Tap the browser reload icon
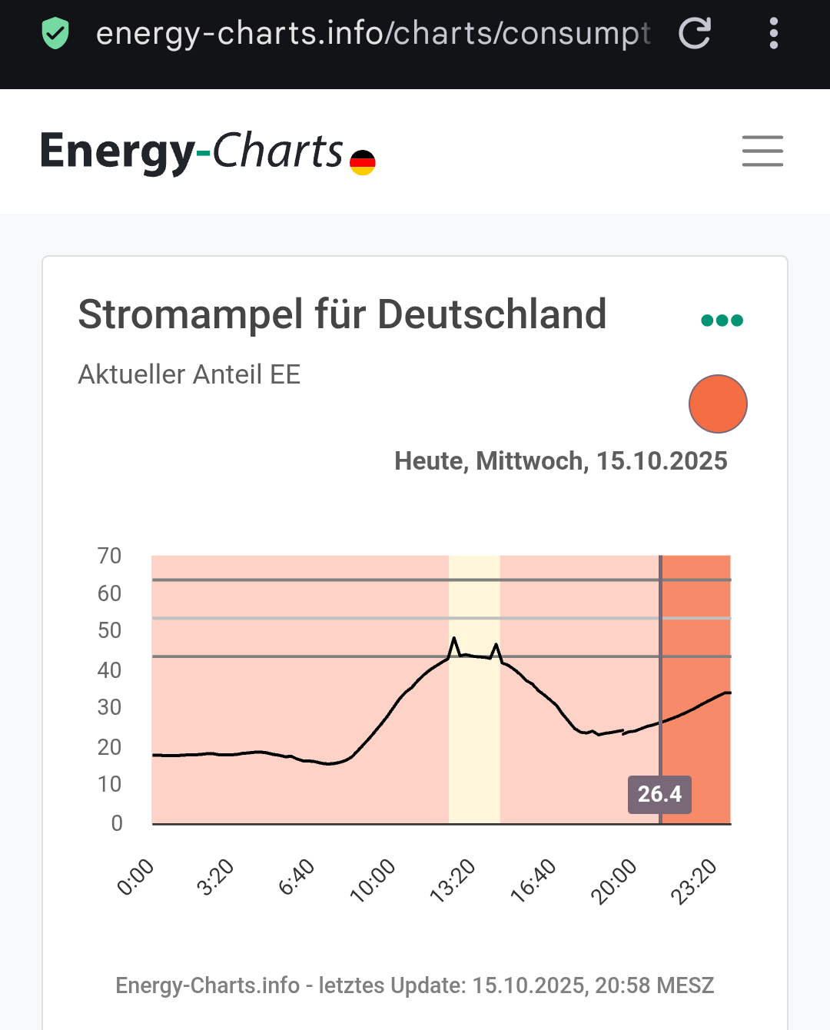tap(695, 33)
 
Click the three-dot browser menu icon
tap(773, 33)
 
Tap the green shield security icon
tap(55, 34)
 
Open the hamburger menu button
tap(762, 151)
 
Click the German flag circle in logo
tap(363, 162)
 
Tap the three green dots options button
tap(722, 321)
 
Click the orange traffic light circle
tap(718, 404)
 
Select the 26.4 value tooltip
tap(659, 794)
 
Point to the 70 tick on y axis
tap(109, 556)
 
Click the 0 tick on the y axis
tap(117, 823)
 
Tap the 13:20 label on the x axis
tap(453, 880)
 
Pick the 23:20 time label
tap(693, 881)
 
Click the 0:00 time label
tap(136, 878)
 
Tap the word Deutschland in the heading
tap(492, 314)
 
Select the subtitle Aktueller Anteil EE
tap(189, 374)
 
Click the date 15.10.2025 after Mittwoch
tap(662, 460)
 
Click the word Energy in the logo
tap(117, 151)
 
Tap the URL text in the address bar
tap(373, 33)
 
